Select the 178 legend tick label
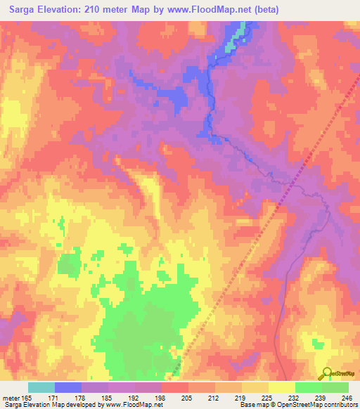click(81, 397)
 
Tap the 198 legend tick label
click(161, 397)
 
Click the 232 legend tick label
click(294, 397)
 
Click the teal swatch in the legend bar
click(41, 387)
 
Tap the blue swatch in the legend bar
click(68, 387)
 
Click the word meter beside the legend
click(10, 397)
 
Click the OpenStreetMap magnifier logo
click(325, 374)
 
